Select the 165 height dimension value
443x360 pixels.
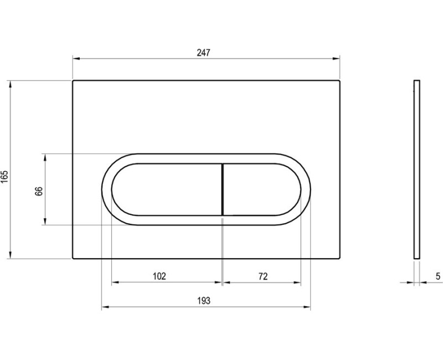5,177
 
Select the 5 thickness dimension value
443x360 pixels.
437,276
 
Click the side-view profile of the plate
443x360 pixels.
416,169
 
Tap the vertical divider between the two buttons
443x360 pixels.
222,189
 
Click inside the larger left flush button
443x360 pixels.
166,189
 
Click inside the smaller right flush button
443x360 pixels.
260,189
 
